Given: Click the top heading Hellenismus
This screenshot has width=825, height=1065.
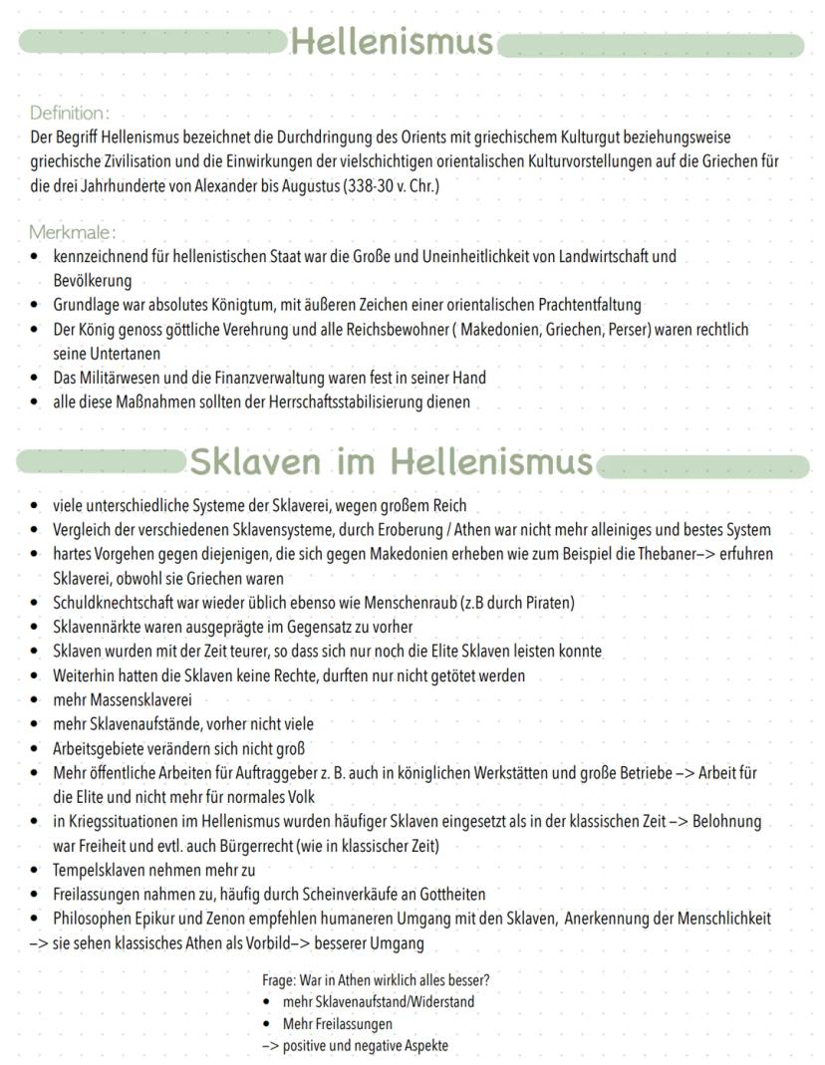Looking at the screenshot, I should point(392,42).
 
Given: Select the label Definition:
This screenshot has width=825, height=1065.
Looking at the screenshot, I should point(69,113).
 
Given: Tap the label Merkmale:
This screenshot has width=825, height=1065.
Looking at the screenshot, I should point(72,232).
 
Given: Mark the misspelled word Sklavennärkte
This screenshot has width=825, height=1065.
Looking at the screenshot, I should point(97,627).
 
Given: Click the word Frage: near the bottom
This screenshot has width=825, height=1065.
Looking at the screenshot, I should point(278,979).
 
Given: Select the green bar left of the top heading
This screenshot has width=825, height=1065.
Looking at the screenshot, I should point(151,42).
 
